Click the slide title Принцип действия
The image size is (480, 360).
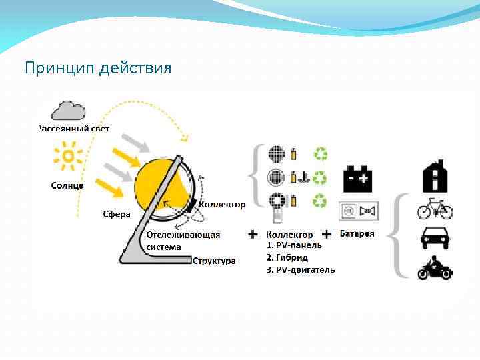click(x=98, y=68)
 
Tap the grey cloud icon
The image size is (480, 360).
click(x=69, y=110)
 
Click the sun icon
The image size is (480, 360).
click(x=67, y=158)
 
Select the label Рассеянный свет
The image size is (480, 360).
click(x=74, y=128)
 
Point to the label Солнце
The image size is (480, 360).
click(x=67, y=185)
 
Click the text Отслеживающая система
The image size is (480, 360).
click(x=183, y=241)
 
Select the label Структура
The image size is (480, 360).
click(x=214, y=261)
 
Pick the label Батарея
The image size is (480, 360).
click(x=357, y=234)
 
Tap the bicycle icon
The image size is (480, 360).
click(x=435, y=209)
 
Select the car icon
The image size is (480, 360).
click(x=435, y=239)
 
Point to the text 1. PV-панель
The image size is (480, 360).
click(x=294, y=245)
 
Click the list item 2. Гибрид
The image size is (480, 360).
click(x=287, y=257)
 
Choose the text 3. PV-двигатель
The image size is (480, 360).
click(x=301, y=269)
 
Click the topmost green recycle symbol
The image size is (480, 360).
click(x=321, y=154)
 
